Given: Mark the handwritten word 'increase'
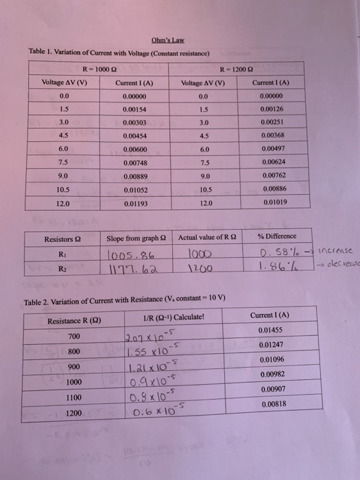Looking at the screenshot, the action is (x=329, y=252).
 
